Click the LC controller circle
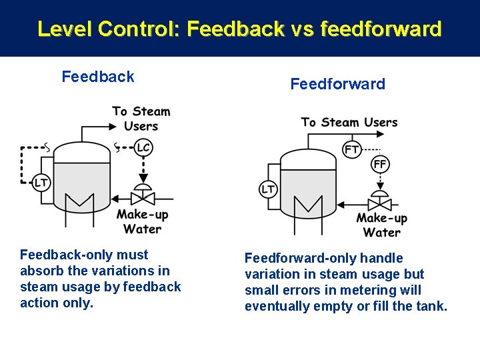[143, 147]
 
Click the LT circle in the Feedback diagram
[41, 181]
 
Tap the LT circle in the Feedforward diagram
[268, 189]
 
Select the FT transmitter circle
[353, 149]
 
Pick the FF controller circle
[380, 164]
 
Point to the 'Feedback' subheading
[98, 77]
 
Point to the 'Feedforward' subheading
[337, 84]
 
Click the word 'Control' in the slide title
[137, 29]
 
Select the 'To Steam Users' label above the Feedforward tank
[349, 122]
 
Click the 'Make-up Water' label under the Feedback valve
[142, 221]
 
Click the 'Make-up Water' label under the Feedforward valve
[381, 225]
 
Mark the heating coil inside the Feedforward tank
[307, 205]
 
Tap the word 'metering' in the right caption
[374, 290]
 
